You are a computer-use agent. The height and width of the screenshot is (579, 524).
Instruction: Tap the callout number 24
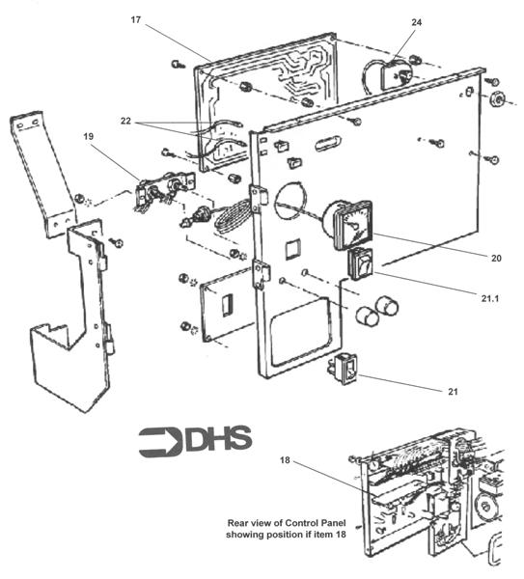pos(417,20)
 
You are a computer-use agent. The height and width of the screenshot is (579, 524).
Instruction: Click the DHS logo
pos(195,439)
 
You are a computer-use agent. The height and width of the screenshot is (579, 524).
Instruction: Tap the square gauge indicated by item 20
pos(349,223)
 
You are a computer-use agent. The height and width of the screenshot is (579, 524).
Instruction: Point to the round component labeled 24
pos(394,73)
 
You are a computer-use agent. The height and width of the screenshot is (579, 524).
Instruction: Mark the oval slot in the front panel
pos(324,145)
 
